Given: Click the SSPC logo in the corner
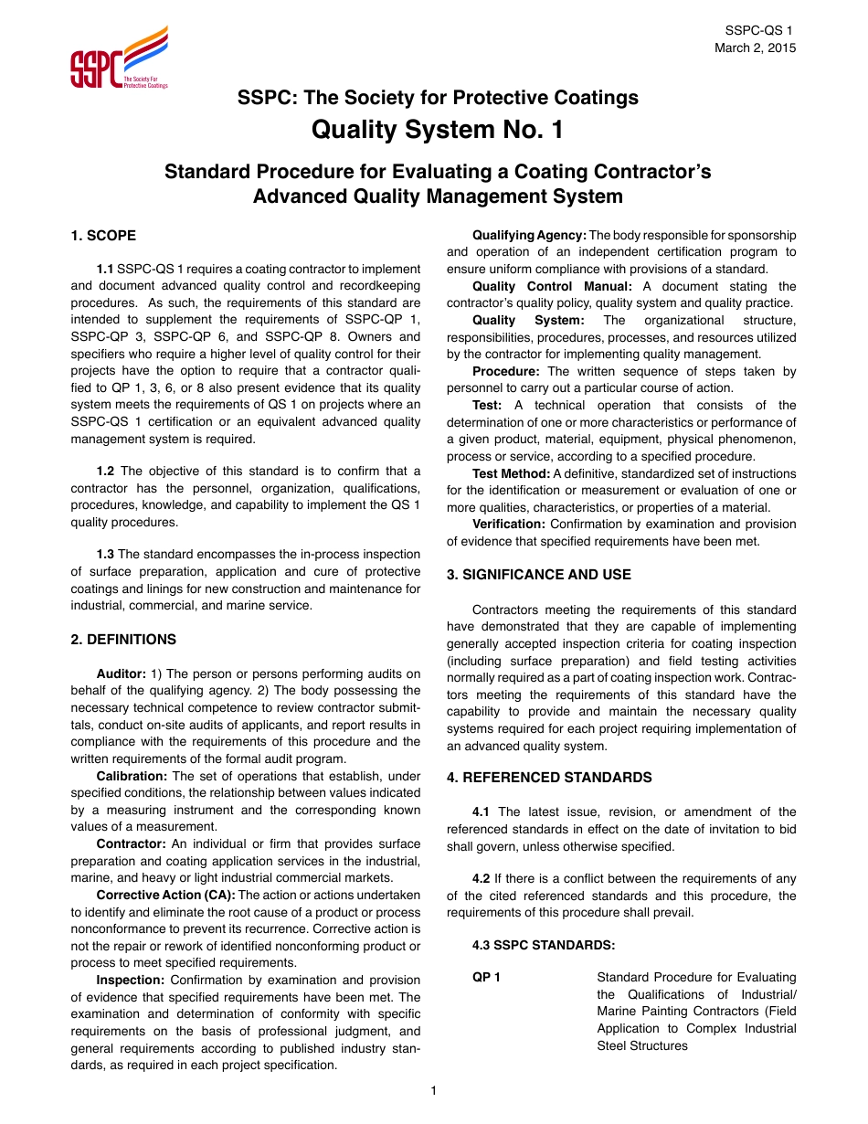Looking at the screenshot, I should [119, 58].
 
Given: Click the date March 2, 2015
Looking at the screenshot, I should [755, 48].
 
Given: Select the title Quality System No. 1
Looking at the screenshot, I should [438, 131].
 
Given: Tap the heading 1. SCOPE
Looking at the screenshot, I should [103, 236].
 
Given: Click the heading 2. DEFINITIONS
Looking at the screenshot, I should [123, 640].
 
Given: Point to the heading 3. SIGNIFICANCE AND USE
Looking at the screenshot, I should [538, 575].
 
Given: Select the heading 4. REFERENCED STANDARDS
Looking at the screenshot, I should [549, 778].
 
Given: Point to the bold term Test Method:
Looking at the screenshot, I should [511, 473].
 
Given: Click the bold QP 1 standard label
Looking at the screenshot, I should [486, 978].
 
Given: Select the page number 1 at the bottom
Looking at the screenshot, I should [434, 1090].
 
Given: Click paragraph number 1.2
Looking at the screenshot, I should [106, 472].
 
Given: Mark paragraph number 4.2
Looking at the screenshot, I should [482, 879].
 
